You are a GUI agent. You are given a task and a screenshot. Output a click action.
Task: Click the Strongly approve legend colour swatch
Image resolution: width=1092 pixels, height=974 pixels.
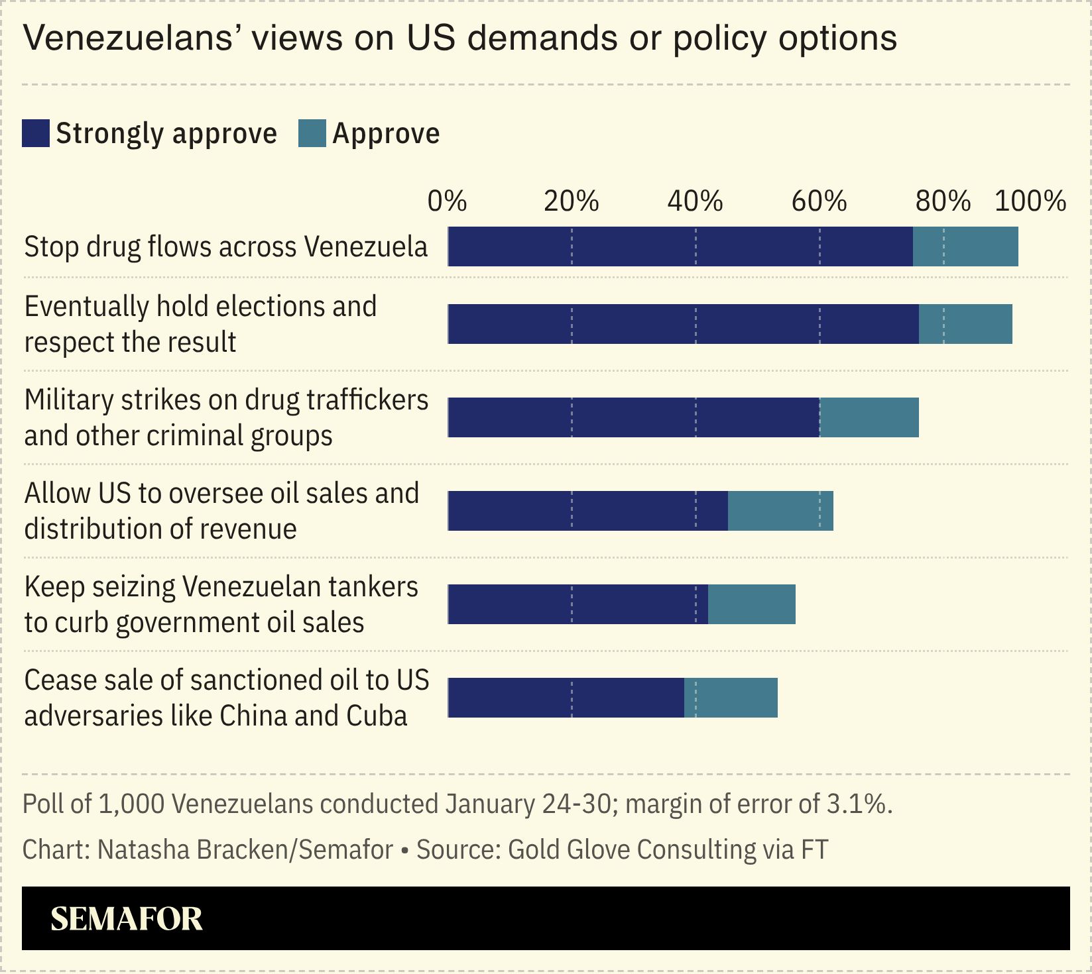click(36, 133)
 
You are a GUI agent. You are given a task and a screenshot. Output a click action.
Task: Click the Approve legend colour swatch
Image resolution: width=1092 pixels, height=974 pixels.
click(312, 133)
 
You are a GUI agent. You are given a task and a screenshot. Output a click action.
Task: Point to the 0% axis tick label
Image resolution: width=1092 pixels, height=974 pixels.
click(447, 201)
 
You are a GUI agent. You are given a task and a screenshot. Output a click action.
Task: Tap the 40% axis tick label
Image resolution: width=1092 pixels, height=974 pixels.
click(695, 201)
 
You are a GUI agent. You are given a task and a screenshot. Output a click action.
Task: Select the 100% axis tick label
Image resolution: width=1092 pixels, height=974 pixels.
click(1030, 201)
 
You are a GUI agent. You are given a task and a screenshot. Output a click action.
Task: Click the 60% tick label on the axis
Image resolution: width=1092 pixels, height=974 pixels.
click(819, 201)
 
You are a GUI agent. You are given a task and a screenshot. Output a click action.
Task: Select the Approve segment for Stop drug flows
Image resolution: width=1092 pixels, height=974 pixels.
click(965, 246)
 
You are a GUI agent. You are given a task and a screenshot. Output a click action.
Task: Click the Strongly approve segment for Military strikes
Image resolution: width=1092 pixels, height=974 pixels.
click(633, 417)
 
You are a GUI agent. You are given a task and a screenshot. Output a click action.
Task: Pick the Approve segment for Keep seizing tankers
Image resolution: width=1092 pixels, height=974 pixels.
click(751, 604)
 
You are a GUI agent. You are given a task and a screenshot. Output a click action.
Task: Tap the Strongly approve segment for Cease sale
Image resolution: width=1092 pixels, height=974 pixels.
click(566, 698)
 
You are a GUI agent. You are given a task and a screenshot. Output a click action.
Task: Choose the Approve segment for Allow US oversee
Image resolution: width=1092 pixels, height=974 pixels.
click(780, 511)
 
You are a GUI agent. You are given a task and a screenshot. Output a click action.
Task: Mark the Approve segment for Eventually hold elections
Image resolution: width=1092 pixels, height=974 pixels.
click(965, 324)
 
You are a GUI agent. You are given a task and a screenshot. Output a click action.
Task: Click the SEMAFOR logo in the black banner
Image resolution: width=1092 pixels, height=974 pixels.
click(126, 919)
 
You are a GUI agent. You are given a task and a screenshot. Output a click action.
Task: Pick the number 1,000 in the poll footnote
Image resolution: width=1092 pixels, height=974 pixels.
click(131, 804)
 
